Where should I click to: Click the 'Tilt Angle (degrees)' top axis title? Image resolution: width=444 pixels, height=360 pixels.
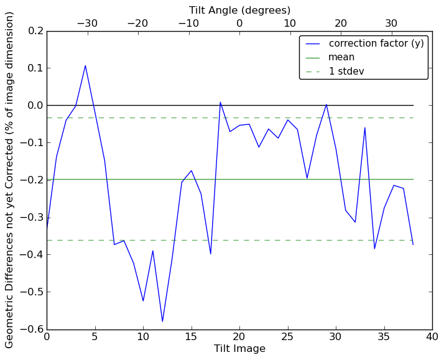(239, 10)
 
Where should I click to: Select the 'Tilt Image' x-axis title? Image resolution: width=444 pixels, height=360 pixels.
(239, 349)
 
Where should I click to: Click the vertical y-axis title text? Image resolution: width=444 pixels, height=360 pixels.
(10, 180)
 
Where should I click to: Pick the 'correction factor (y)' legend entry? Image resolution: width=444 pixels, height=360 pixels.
(376, 44)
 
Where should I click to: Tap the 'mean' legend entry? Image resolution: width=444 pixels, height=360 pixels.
(341, 57)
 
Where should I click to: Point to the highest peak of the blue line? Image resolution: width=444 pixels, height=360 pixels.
(85, 65)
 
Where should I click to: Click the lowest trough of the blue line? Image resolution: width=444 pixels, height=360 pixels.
(162, 321)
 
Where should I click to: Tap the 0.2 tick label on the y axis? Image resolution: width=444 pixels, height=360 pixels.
(36, 30)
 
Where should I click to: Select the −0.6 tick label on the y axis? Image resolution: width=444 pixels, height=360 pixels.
(33, 329)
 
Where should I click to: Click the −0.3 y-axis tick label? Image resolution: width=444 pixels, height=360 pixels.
(33, 217)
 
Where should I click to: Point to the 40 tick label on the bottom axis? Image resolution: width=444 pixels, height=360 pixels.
(432, 337)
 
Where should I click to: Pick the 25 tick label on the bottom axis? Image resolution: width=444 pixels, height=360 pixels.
(287, 337)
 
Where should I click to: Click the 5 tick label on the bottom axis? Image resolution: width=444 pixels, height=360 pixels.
(95, 337)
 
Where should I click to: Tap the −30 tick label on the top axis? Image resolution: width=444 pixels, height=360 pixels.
(87, 24)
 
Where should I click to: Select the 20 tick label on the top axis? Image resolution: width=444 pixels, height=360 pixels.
(341, 24)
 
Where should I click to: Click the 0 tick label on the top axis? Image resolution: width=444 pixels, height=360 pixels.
(239, 24)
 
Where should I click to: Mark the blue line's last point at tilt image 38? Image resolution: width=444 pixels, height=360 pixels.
(413, 244)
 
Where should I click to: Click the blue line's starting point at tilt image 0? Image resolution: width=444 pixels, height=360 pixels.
(47, 228)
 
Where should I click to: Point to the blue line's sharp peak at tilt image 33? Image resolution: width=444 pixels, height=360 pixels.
(365, 127)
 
